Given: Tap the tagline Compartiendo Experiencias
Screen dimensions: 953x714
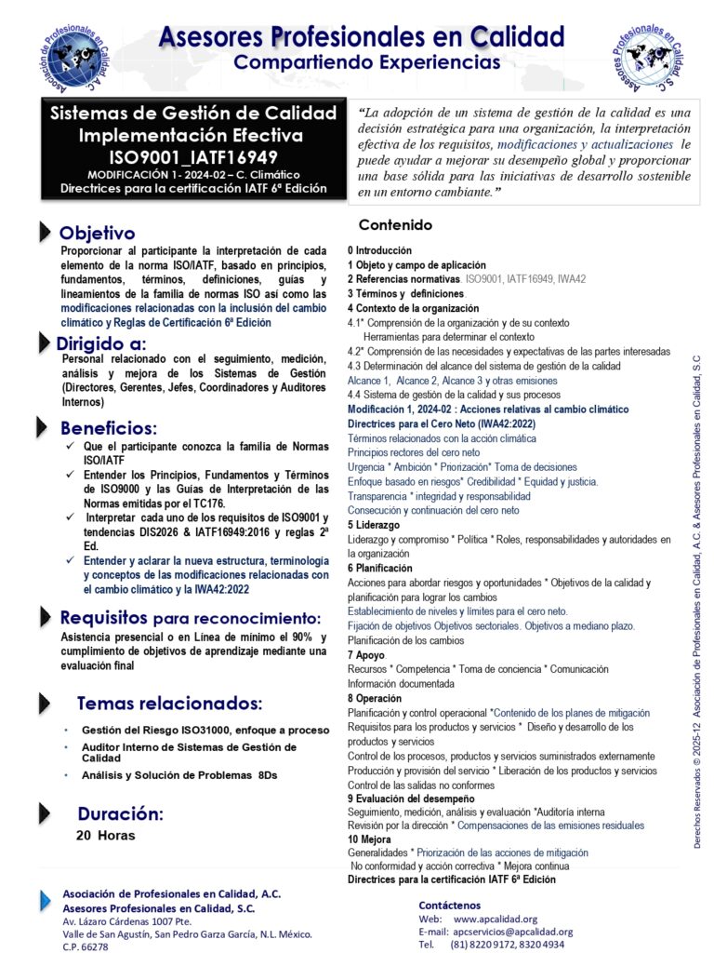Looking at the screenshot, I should click(366, 62).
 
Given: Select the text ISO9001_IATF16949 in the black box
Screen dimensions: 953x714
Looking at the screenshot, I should click(192, 157).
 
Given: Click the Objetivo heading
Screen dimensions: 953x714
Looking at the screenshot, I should click(97, 234).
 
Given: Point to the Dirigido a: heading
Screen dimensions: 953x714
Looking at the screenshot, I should click(100, 342).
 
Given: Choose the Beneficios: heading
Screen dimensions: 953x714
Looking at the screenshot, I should click(109, 429).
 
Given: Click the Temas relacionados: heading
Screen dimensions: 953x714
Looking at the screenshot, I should click(169, 703).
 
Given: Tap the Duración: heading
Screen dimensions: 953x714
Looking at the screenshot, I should click(120, 814).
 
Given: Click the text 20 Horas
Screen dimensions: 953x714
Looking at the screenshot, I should click(105, 836).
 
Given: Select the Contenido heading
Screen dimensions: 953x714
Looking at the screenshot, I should click(395, 225).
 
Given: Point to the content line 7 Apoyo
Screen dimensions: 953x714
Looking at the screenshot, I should click(366, 655).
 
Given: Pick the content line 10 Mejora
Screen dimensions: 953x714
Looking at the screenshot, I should click(371, 839).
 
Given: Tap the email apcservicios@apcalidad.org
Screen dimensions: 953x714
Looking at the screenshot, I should click(512, 932).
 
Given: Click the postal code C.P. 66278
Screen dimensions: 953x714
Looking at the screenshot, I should click(85, 946).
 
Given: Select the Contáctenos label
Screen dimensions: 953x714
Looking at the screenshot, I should click(450, 905).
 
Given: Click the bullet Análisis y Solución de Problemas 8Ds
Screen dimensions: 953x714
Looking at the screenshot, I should click(179, 775).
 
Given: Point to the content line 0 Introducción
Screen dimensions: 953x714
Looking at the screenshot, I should click(379, 251).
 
